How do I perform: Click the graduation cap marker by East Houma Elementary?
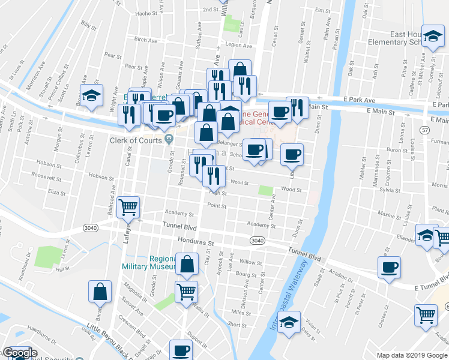(432, 37)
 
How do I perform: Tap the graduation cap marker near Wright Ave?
(91, 97)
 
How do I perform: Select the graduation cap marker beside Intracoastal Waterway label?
(290, 322)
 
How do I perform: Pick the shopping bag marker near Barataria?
(100, 292)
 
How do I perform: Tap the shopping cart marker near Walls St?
(187, 292)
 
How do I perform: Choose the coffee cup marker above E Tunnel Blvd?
(389, 266)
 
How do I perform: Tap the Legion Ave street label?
(238, 45)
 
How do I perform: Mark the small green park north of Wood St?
(265, 190)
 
